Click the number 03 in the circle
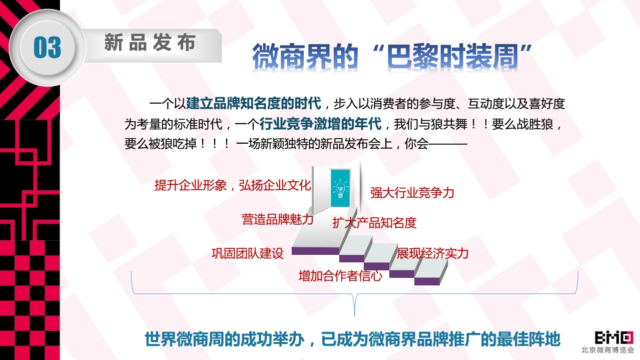(48, 48)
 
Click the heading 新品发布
(150, 43)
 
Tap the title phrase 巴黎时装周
(452, 57)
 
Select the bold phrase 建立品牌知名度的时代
(254, 103)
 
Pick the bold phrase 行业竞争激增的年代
(320, 124)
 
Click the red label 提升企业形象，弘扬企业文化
(233, 185)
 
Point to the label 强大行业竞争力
(412, 193)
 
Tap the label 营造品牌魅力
(278, 219)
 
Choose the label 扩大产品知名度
(374, 223)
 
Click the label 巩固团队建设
(247, 253)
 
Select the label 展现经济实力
(432, 253)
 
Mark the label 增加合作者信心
(340, 276)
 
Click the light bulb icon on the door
(340, 188)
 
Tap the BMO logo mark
(614, 337)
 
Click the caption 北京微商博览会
(607, 349)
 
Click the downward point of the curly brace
(355, 315)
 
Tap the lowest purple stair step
(427, 281)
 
